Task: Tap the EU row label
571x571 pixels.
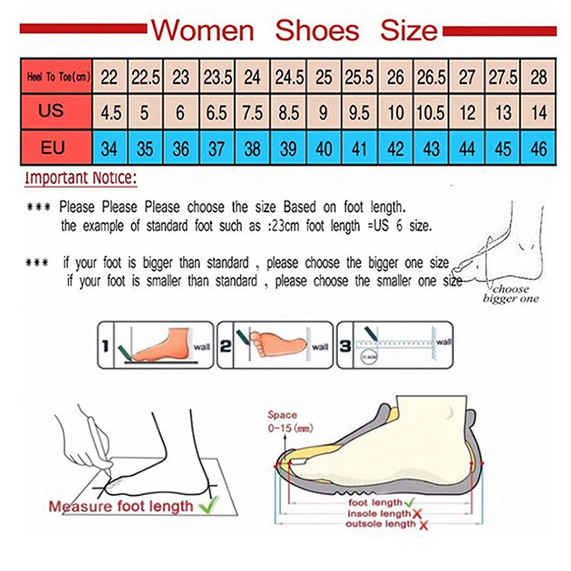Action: pos(52,148)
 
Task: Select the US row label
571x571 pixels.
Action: pos(51,110)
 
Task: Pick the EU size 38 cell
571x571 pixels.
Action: pos(252,149)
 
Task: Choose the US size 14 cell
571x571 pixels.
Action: pos(539,113)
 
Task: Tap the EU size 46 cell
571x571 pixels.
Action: pos(539,149)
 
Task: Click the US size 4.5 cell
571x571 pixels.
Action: pos(110,113)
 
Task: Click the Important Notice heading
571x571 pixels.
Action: pos(81,178)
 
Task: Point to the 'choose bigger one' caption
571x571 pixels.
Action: pos(511,294)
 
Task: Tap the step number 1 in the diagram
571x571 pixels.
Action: pos(106,346)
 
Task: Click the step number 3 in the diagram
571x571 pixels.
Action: pos(345,346)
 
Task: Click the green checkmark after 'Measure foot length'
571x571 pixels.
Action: pos(209,504)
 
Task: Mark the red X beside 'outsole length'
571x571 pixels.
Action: pos(423,525)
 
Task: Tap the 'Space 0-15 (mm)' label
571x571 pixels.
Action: pos(289,422)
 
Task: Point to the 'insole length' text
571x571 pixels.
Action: pos(379,513)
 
